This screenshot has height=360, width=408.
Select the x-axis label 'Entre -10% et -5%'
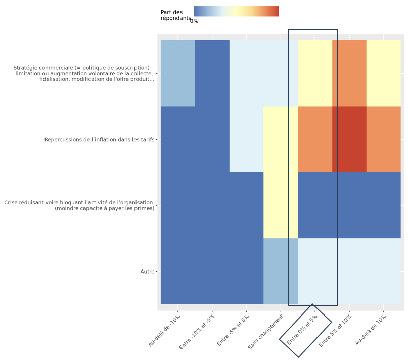197,332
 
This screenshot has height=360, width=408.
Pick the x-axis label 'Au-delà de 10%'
371,329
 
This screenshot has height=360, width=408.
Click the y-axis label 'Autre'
147,272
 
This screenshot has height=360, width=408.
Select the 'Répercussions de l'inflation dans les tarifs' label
99,140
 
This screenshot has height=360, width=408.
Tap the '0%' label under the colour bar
194,21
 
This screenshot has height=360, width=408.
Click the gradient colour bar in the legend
236,11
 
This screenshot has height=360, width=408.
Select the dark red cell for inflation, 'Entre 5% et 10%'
349,140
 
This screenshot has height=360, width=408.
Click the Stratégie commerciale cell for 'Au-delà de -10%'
178,73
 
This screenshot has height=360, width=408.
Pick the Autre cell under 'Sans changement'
281,271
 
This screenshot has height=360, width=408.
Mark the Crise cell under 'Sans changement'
281,205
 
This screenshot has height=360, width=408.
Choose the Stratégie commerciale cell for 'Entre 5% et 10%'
349,73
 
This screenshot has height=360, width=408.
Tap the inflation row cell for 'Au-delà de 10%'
383,140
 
